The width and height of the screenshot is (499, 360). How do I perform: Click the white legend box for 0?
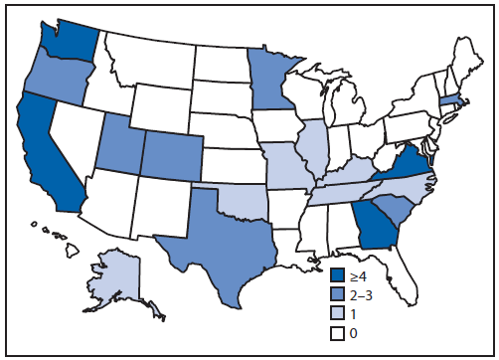338,332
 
